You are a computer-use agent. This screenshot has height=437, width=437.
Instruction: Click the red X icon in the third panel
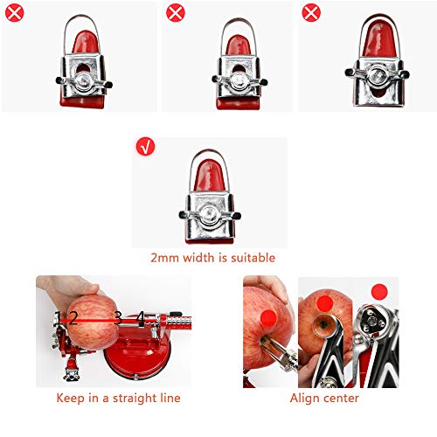[310, 13]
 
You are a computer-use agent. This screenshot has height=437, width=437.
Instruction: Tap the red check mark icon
[145, 147]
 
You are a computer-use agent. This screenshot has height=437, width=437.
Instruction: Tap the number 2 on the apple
[74, 318]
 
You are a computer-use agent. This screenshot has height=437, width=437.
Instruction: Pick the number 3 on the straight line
[116, 318]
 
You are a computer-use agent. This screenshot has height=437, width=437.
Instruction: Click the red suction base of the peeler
[131, 363]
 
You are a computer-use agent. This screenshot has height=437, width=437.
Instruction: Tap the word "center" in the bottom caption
[341, 398]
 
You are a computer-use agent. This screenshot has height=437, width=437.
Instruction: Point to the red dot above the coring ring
[324, 303]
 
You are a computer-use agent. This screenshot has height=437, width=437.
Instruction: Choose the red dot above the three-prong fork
[378, 291]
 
